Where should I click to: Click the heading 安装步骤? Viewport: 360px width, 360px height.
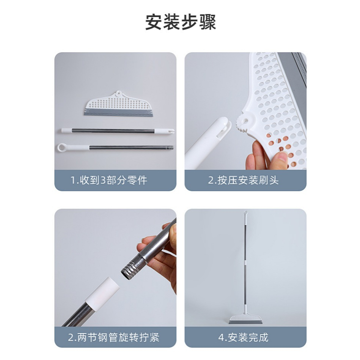[x=181, y=22]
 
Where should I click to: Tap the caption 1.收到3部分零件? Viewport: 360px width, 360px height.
[x=109, y=180]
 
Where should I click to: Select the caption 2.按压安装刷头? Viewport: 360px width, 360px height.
[x=244, y=180]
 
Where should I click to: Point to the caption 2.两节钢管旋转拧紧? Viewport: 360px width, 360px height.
[x=114, y=338]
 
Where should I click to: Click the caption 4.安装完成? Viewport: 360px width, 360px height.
[x=244, y=338]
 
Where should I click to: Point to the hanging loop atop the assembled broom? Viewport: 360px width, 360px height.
[x=245, y=213]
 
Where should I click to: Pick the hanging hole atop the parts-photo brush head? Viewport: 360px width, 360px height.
[x=118, y=93]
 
